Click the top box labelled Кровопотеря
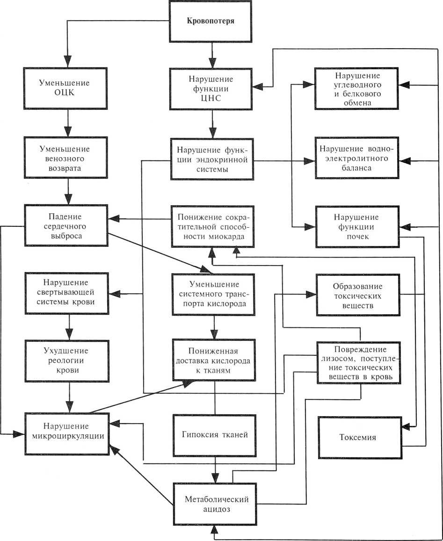pos(210,22)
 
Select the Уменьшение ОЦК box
pos(69,87)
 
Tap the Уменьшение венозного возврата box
pos(69,157)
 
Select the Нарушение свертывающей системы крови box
pos(65,292)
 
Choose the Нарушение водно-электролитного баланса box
pos(358,158)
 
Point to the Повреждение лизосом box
pos(359,363)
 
